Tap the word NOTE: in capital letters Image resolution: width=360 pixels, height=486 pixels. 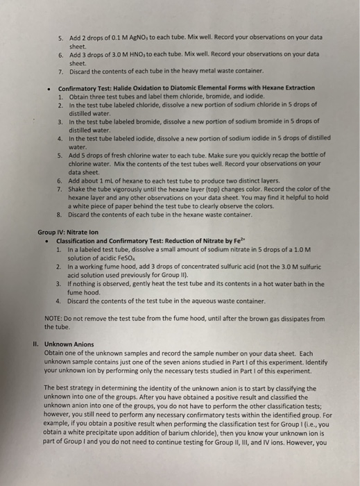(55, 319)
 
